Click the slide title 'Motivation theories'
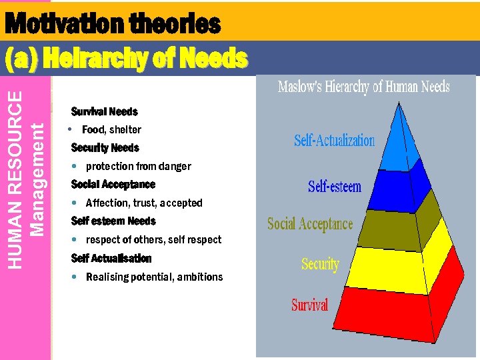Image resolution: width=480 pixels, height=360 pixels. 112,25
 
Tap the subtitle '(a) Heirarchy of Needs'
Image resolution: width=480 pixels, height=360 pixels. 126,59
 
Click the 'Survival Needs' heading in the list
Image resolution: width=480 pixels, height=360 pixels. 104,111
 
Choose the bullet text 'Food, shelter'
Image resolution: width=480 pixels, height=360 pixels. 111,129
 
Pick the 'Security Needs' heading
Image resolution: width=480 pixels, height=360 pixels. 105,147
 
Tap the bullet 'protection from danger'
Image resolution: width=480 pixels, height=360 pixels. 138,166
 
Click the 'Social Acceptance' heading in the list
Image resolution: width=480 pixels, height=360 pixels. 113,184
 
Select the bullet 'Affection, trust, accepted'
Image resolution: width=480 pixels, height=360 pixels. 143,203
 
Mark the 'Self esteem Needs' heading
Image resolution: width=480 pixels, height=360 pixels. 113,221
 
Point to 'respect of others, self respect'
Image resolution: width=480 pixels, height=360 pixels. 153,239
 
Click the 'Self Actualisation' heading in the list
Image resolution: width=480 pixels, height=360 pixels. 111,258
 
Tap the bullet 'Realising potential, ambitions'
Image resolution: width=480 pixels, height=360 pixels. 154,277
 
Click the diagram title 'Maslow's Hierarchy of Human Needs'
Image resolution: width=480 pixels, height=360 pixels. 363,87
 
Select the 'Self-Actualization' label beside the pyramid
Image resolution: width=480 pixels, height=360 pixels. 334,141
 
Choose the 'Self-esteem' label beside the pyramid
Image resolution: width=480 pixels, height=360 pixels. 334,186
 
